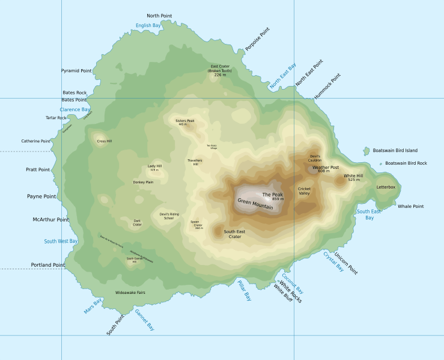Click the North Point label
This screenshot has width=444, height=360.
pyautogui.click(x=159, y=16)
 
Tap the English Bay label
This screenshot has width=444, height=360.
pyautogui.click(x=148, y=25)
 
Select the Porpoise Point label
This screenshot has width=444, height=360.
pyautogui.click(x=257, y=39)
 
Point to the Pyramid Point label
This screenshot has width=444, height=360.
pyautogui.click(x=76, y=71)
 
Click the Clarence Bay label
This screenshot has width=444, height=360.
pyautogui.click(x=75, y=110)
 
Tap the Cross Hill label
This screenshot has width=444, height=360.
pyautogui.click(x=105, y=141)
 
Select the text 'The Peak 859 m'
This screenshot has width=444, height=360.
pyautogui.click(x=273, y=197)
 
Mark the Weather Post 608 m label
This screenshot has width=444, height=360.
pyautogui.click(x=325, y=169)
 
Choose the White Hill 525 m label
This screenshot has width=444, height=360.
pyautogui.click(x=353, y=177)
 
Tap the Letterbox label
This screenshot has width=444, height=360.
pyautogui.click(x=386, y=187)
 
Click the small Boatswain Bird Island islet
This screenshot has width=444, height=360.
pyautogui.click(x=366, y=151)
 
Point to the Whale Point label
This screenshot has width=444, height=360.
pyautogui.click(x=410, y=206)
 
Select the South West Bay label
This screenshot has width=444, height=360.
pyautogui.click(x=61, y=241)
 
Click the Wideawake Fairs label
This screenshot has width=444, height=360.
pyautogui.click(x=130, y=293)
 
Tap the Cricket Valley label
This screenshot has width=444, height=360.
pyautogui.click(x=305, y=191)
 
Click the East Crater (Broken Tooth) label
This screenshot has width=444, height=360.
pyautogui.click(x=220, y=70)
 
